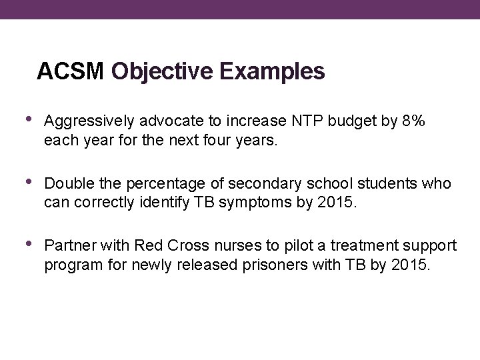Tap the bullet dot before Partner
pyautogui.click(x=28, y=245)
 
